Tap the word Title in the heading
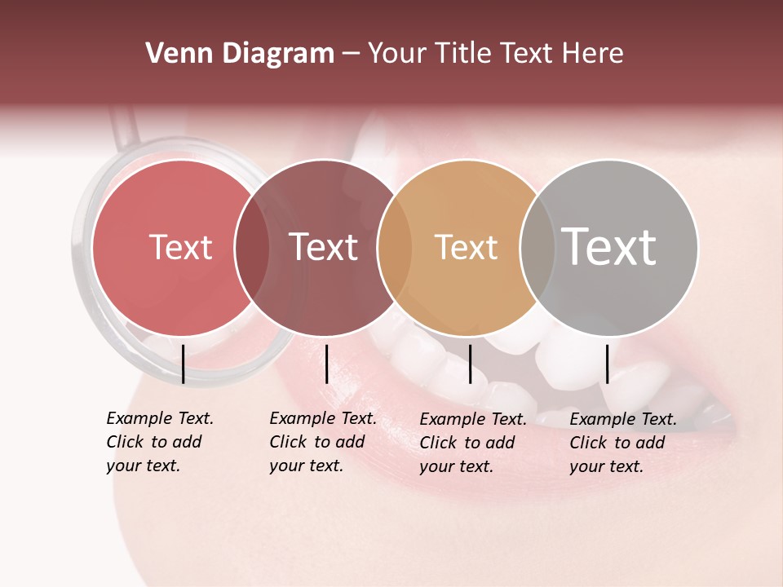tap(462, 54)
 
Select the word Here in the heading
tap(593, 54)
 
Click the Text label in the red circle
tap(180, 248)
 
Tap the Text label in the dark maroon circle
tap(323, 248)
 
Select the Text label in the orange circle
tap(466, 248)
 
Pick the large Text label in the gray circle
tap(609, 246)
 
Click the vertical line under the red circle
tap(183, 364)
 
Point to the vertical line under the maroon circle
tap(326, 364)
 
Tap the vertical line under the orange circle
tap(470, 364)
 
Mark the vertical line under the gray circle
tap(607, 364)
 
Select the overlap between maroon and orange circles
tap(396, 248)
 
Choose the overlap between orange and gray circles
tap(537, 248)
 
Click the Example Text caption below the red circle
tap(160, 442)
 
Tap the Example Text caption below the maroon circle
tap(323, 442)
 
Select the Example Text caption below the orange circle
tap(473, 443)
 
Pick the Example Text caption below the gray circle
tap(623, 443)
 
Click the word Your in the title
tap(397, 54)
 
